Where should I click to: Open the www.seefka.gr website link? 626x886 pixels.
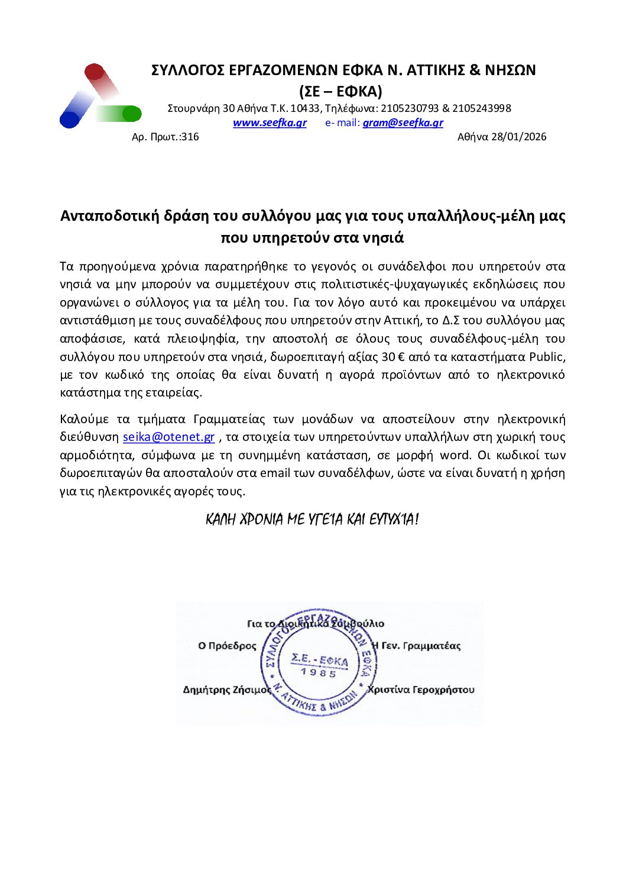270,123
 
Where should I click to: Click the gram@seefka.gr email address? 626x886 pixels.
403,123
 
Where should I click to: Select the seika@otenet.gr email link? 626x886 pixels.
168,437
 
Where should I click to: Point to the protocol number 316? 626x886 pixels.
190,137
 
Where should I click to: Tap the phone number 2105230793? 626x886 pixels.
410,108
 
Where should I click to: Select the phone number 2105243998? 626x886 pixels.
481,108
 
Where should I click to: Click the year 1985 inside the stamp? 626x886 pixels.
319,672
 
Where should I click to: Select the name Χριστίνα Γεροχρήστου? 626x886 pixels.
421,690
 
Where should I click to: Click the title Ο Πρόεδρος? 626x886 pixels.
227,646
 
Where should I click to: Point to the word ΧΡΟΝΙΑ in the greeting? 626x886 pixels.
261,520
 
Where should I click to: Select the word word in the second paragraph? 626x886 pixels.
455,455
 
